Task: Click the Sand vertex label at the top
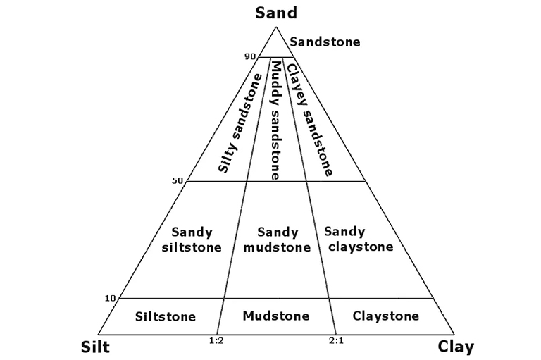pos(277,12)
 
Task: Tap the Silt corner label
pos(95,347)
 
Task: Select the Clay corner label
pos(456,347)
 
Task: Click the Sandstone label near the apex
pos(325,42)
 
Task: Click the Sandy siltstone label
pos(192,240)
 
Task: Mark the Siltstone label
pos(165,316)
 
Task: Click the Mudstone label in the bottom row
pos(275,316)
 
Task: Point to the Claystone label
pos(385,316)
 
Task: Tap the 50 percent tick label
pos(177,180)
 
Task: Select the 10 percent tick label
pos(109,298)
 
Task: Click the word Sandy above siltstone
pos(192,232)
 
